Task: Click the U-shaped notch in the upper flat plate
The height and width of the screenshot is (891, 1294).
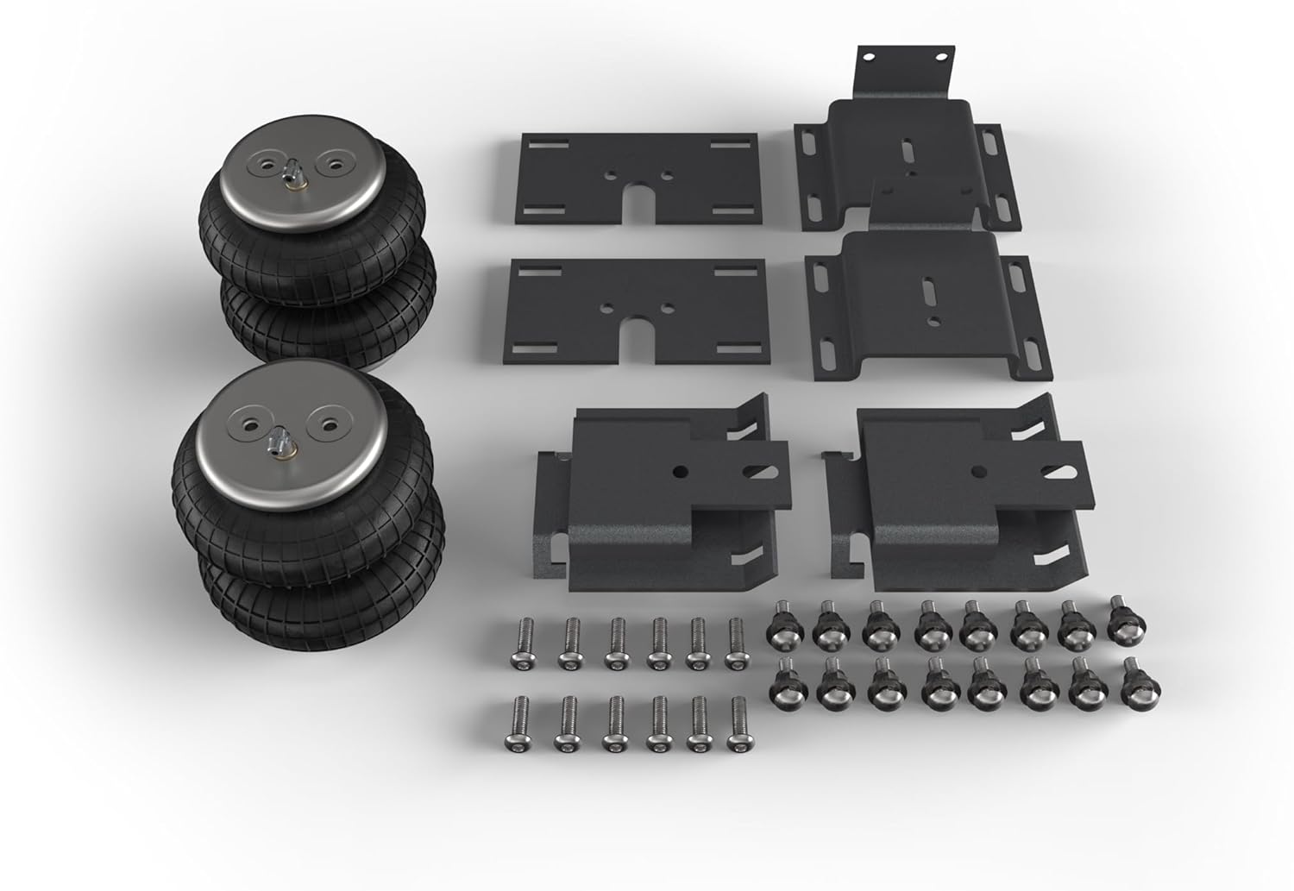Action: (640, 201)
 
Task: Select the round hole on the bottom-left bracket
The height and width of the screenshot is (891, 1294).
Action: (682, 472)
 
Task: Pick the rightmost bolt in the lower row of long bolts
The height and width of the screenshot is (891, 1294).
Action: (738, 722)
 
